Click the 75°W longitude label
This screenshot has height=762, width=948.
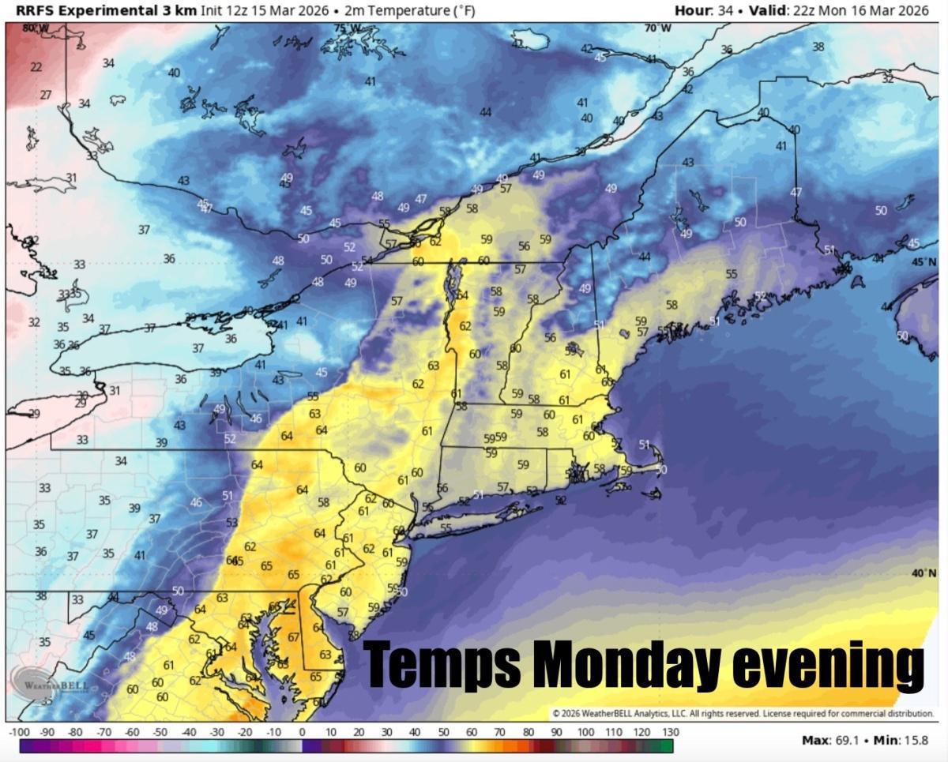point(348,28)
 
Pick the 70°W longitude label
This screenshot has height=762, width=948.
point(657,28)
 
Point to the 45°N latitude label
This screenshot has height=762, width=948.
point(924,262)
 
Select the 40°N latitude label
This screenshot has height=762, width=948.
point(924,573)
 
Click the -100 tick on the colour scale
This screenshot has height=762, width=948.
point(19,733)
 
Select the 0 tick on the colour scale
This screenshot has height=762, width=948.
point(302,733)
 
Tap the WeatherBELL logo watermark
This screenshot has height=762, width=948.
point(49,681)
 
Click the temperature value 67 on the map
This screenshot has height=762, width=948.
point(293,637)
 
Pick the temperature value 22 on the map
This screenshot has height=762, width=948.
point(36,67)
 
